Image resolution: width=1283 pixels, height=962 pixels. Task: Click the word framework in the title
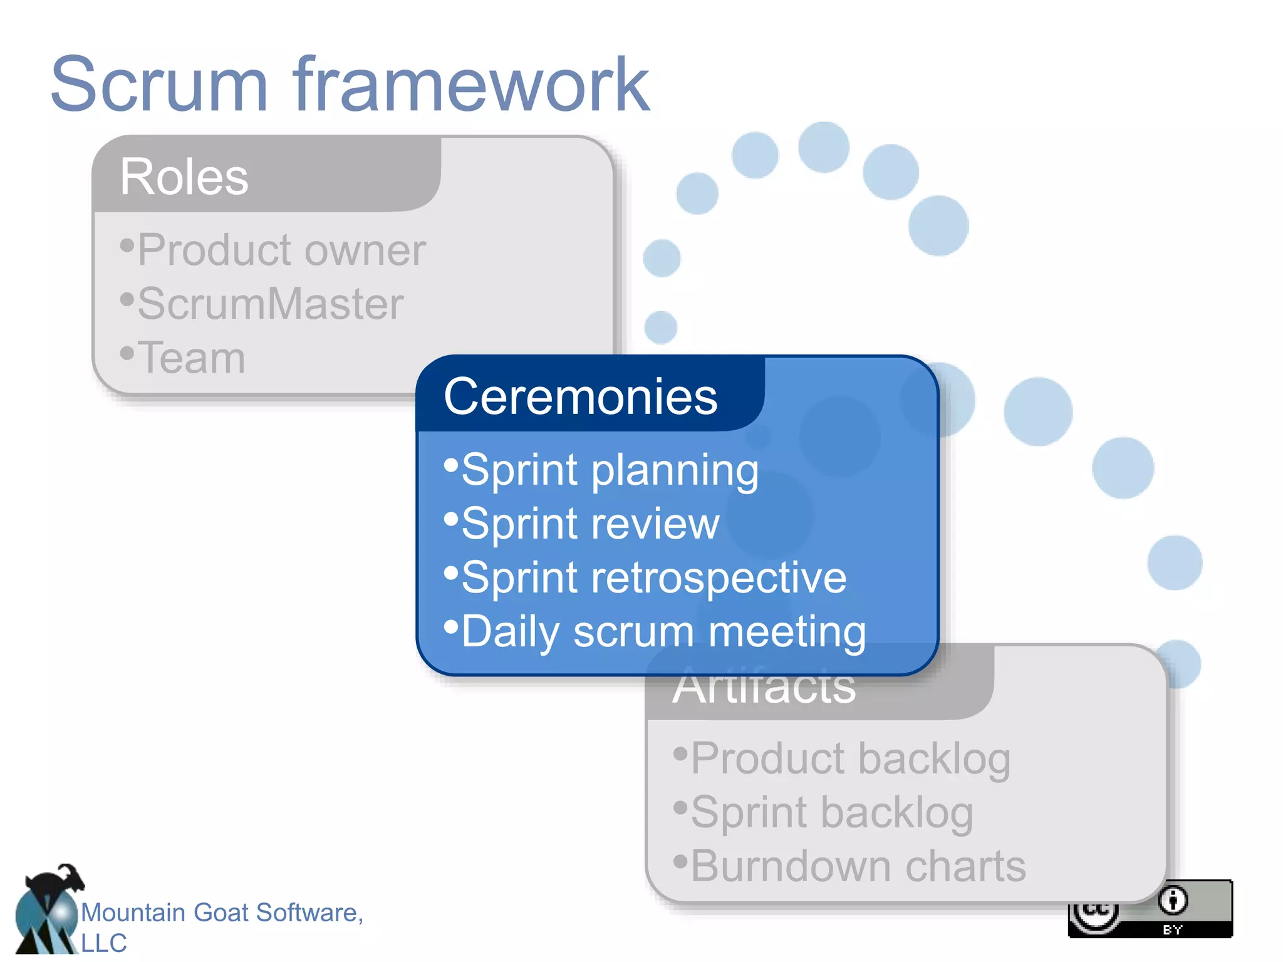coord(471,85)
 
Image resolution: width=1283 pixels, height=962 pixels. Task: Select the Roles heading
coord(184,177)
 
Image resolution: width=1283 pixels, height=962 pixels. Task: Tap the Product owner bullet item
coord(281,250)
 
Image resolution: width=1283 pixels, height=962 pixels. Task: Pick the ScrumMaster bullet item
coord(270,304)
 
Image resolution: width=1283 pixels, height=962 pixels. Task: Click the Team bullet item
coord(191,358)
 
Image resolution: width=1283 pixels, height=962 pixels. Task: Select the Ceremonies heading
coord(580,396)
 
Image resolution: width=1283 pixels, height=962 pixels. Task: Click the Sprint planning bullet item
coord(610,470)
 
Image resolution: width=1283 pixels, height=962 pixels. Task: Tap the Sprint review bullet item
coord(590,524)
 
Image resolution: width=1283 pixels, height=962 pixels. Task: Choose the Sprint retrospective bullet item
coord(653,577)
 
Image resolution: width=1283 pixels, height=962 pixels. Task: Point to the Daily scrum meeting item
coord(663,631)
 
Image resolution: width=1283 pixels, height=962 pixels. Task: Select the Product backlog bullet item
coord(850,758)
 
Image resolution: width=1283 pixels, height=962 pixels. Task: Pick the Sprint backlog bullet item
coord(831,812)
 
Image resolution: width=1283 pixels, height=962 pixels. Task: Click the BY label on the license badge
coord(1172,930)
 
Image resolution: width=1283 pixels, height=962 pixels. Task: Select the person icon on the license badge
coord(1173,901)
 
